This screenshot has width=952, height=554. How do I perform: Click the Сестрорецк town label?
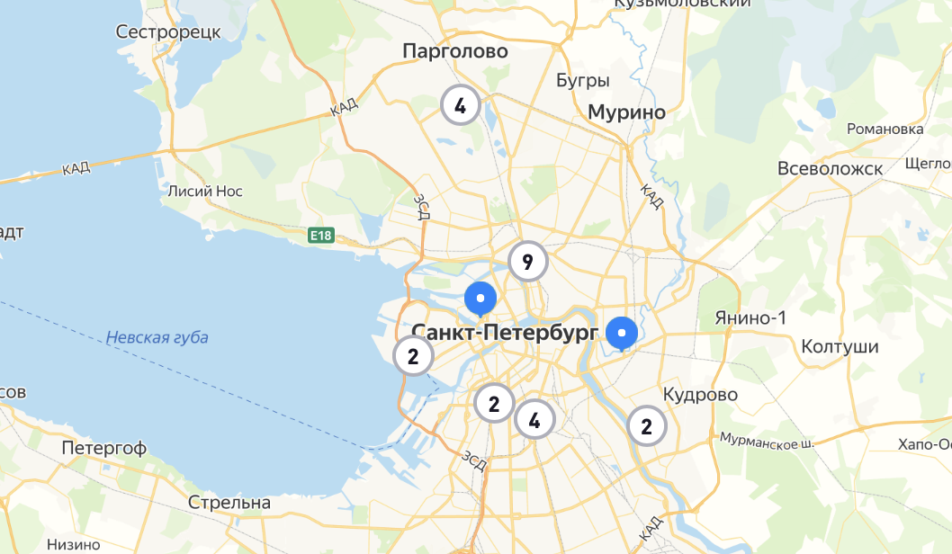tap(168, 32)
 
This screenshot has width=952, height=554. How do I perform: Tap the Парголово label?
tap(455, 51)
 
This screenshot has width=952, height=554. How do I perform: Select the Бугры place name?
tap(583, 81)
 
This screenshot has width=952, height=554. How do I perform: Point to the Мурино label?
tap(626, 112)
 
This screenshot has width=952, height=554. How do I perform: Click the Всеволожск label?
tap(830, 169)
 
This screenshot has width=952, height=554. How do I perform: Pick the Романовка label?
tap(885, 130)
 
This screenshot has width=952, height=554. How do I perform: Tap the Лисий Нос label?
tap(202, 191)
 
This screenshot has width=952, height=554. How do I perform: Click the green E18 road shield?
tap(320, 236)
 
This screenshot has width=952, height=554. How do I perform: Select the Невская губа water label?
tap(157, 338)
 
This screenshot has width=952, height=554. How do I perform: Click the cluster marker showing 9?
tap(527, 262)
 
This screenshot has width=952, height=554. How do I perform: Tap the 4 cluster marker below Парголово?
tap(460, 106)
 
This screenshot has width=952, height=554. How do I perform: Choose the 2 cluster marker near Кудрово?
tap(646, 426)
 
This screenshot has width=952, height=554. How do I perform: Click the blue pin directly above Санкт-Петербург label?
tap(480, 299)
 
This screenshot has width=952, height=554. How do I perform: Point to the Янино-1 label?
tap(750, 318)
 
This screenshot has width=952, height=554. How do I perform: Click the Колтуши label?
tap(840, 347)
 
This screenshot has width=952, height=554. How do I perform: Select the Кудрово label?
tap(700, 395)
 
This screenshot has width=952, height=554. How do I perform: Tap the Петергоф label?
tap(104, 448)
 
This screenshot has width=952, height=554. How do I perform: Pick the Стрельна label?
tap(229, 503)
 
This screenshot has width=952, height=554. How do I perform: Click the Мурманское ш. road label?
tap(765, 441)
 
